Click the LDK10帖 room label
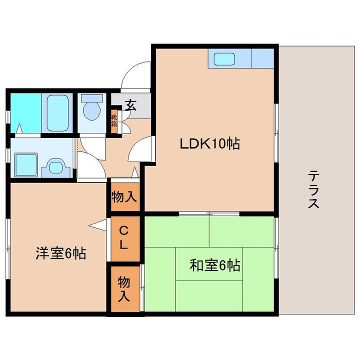[210, 143]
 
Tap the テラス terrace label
[313, 189]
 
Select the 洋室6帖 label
[61, 253]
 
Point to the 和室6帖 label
[215, 265]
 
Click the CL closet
[125, 239]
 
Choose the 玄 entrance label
[131, 105]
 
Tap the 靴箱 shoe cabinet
[114, 121]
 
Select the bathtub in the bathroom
[57, 112]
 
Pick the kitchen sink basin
[224, 59]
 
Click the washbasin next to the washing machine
[56, 168]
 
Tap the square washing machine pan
[26, 165]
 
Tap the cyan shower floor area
[26, 112]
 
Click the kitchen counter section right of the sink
[263, 58]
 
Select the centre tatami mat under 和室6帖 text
[209, 264]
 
